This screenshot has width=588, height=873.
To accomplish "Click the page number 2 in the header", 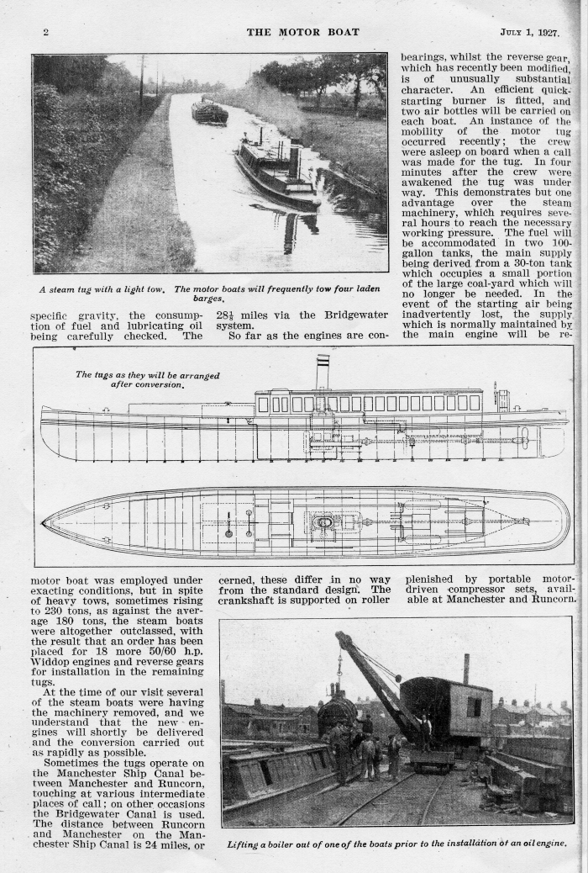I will pos(45,33).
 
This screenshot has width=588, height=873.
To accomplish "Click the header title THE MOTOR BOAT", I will pos(302,32).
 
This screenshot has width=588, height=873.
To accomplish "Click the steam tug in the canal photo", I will pos(276,172).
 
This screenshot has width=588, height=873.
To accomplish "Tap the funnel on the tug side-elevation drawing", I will pos(323,371).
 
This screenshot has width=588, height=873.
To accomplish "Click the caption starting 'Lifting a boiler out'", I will pos(396,843).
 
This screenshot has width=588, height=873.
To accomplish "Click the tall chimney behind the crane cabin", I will pos(466,668).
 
